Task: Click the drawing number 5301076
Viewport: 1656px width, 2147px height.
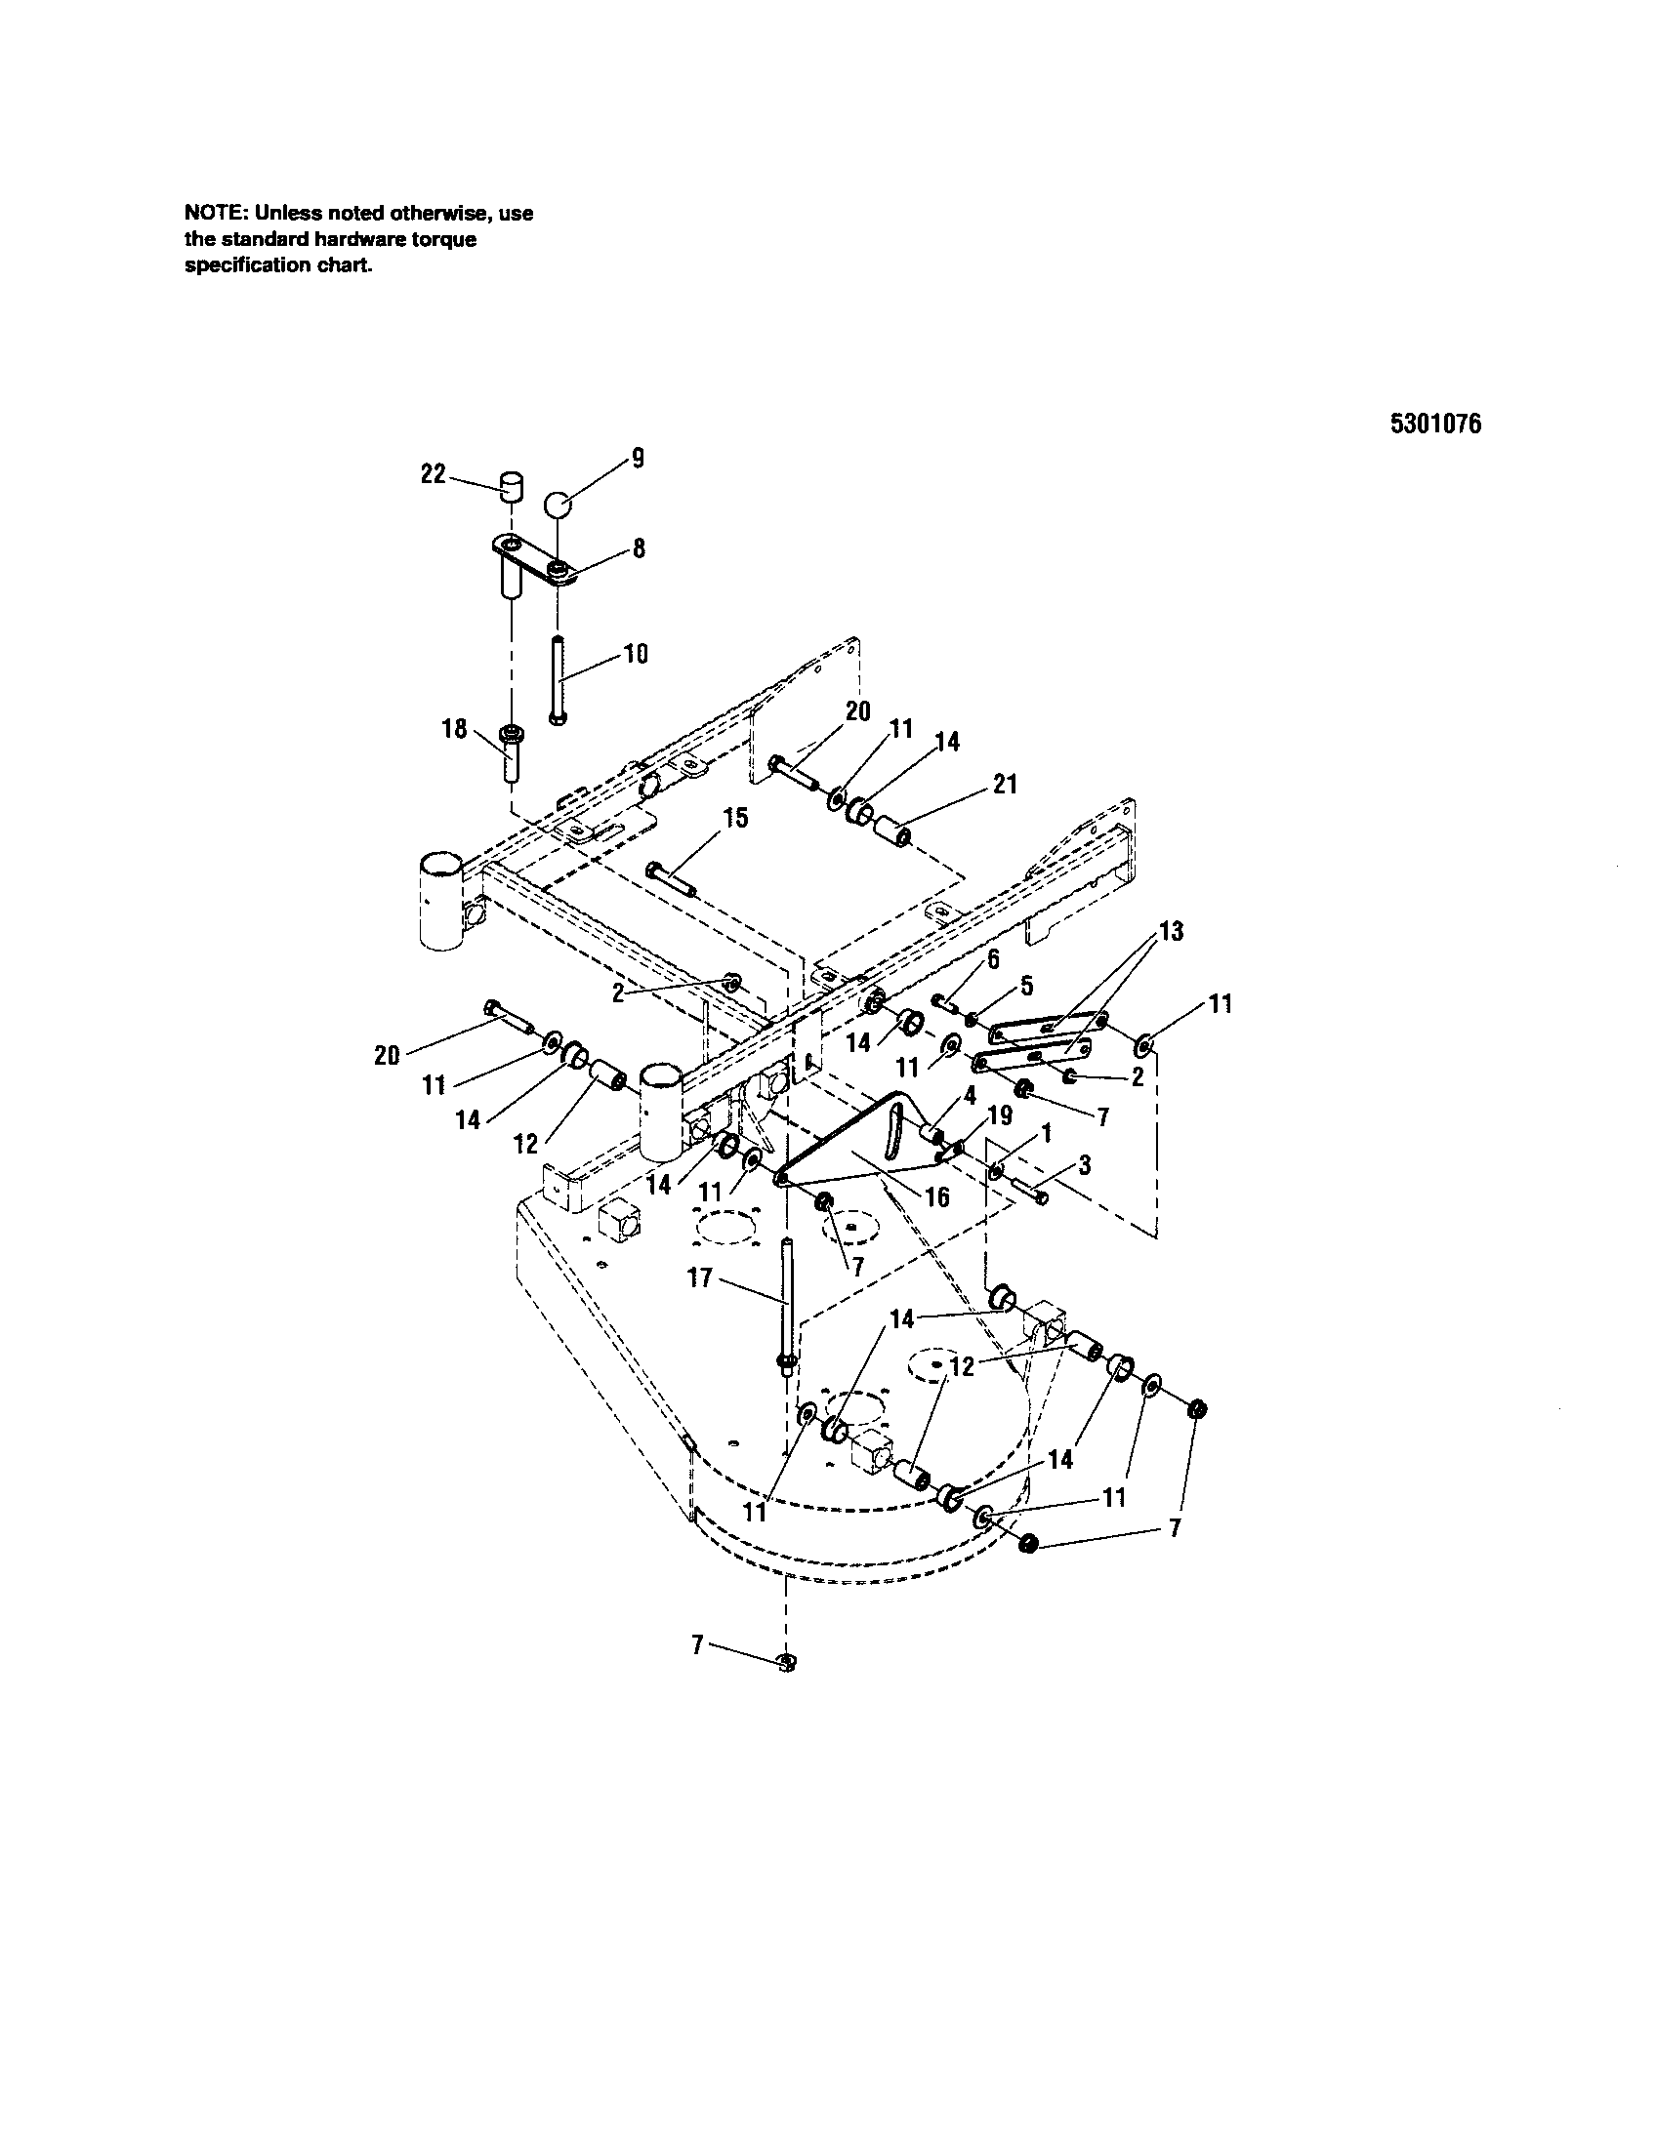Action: click(x=1434, y=424)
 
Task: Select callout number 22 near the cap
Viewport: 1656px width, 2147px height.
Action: click(x=433, y=474)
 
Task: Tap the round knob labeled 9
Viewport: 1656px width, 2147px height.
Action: click(x=559, y=506)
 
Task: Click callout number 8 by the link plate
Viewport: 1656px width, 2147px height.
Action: click(x=639, y=547)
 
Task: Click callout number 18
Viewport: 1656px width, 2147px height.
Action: click(x=454, y=729)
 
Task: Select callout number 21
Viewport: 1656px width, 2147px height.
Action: click(x=1005, y=784)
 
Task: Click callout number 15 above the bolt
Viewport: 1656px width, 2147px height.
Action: click(x=734, y=818)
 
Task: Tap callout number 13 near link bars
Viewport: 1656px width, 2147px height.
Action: click(x=1170, y=930)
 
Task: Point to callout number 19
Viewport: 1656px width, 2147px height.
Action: click(x=999, y=1114)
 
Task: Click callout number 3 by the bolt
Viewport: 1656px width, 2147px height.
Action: click(x=1084, y=1165)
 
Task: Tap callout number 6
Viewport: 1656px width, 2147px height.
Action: click(x=993, y=958)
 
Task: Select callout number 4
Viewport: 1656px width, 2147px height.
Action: click(x=969, y=1093)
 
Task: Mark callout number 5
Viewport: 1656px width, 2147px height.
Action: click(x=1026, y=984)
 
